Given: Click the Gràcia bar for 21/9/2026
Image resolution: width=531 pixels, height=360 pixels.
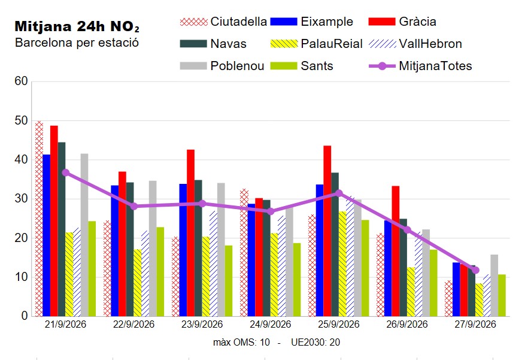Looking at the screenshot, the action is point(54,221).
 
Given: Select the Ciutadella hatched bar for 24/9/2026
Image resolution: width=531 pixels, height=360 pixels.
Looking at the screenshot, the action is point(244,253).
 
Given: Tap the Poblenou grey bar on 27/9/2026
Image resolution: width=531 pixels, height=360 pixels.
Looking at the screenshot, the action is point(494,285).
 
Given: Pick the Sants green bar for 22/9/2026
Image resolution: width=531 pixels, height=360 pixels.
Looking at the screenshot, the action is point(160,271).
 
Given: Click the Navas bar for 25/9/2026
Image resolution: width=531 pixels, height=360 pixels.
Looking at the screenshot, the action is point(335,244).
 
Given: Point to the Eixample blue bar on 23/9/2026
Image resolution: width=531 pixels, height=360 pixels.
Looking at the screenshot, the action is point(183,250).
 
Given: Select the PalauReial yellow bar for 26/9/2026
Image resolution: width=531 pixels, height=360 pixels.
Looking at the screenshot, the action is point(411,292).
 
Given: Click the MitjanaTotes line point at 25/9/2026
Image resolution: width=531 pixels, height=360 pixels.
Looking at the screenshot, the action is point(339,193).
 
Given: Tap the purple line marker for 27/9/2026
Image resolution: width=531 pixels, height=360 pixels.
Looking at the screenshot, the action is point(475,270).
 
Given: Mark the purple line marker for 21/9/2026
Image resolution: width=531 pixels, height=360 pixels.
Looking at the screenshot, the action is point(66,173).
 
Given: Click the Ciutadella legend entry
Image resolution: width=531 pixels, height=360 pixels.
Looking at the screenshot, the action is point(223,22).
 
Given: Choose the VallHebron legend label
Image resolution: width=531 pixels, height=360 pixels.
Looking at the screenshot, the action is point(430,44).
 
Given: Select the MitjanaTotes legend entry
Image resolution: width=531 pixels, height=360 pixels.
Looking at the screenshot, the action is point(420,66).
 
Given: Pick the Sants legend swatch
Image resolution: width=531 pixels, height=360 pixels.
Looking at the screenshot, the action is point(284,66).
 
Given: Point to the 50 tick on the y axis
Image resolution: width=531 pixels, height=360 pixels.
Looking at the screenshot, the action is point(21,120).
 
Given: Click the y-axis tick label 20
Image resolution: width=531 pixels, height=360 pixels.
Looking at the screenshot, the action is point(21,238).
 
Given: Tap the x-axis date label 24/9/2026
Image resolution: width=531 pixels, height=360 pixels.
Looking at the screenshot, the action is point(270,325).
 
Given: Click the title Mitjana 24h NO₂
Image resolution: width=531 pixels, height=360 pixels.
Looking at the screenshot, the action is point(77,26).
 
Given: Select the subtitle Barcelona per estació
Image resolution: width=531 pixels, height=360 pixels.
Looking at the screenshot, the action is point(77,43).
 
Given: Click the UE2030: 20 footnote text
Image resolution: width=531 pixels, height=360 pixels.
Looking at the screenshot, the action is point(315,343).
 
